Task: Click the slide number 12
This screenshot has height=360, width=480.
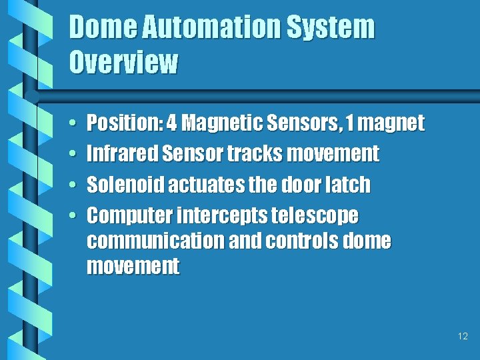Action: click(463, 337)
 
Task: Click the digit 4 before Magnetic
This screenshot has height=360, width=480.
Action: click(172, 123)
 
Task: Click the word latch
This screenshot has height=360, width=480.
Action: click(349, 185)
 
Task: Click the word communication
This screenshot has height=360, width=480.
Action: click(155, 241)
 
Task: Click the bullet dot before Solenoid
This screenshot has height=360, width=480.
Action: click(71, 185)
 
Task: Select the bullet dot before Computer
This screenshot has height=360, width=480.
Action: click(71, 216)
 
